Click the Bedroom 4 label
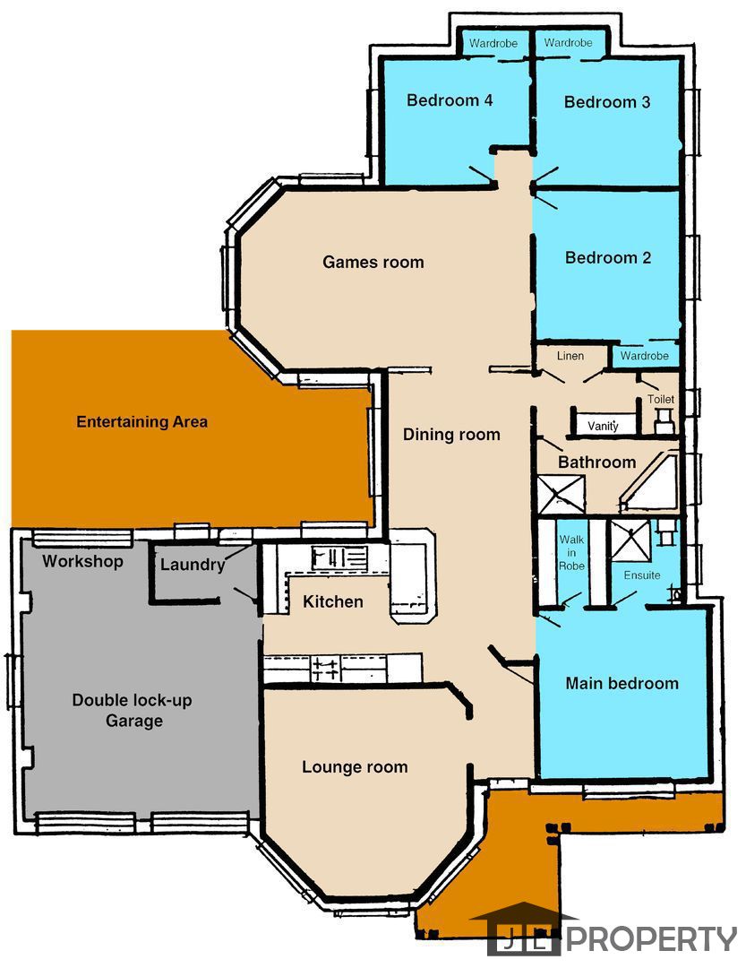click(x=450, y=100)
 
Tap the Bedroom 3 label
click(x=607, y=102)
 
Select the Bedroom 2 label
click(x=608, y=257)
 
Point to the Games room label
click(x=373, y=262)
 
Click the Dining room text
click(x=451, y=435)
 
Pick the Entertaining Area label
click(x=141, y=421)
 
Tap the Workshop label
click(x=82, y=561)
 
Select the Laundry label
click(x=193, y=565)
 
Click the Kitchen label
click(x=332, y=601)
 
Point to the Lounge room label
click(x=355, y=766)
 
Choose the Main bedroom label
click(x=622, y=683)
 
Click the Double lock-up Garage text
click(x=132, y=711)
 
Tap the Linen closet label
click(x=570, y=356)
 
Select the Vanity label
click(x=603, y=426)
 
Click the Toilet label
click(x=660, y=400)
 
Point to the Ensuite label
click(x=642, y=575)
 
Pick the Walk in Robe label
click(x=571, y=552)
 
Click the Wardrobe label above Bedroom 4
click(x=493, y=43)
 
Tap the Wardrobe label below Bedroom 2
click(x=644, y=356)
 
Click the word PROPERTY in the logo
click(x=652, y=939)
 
